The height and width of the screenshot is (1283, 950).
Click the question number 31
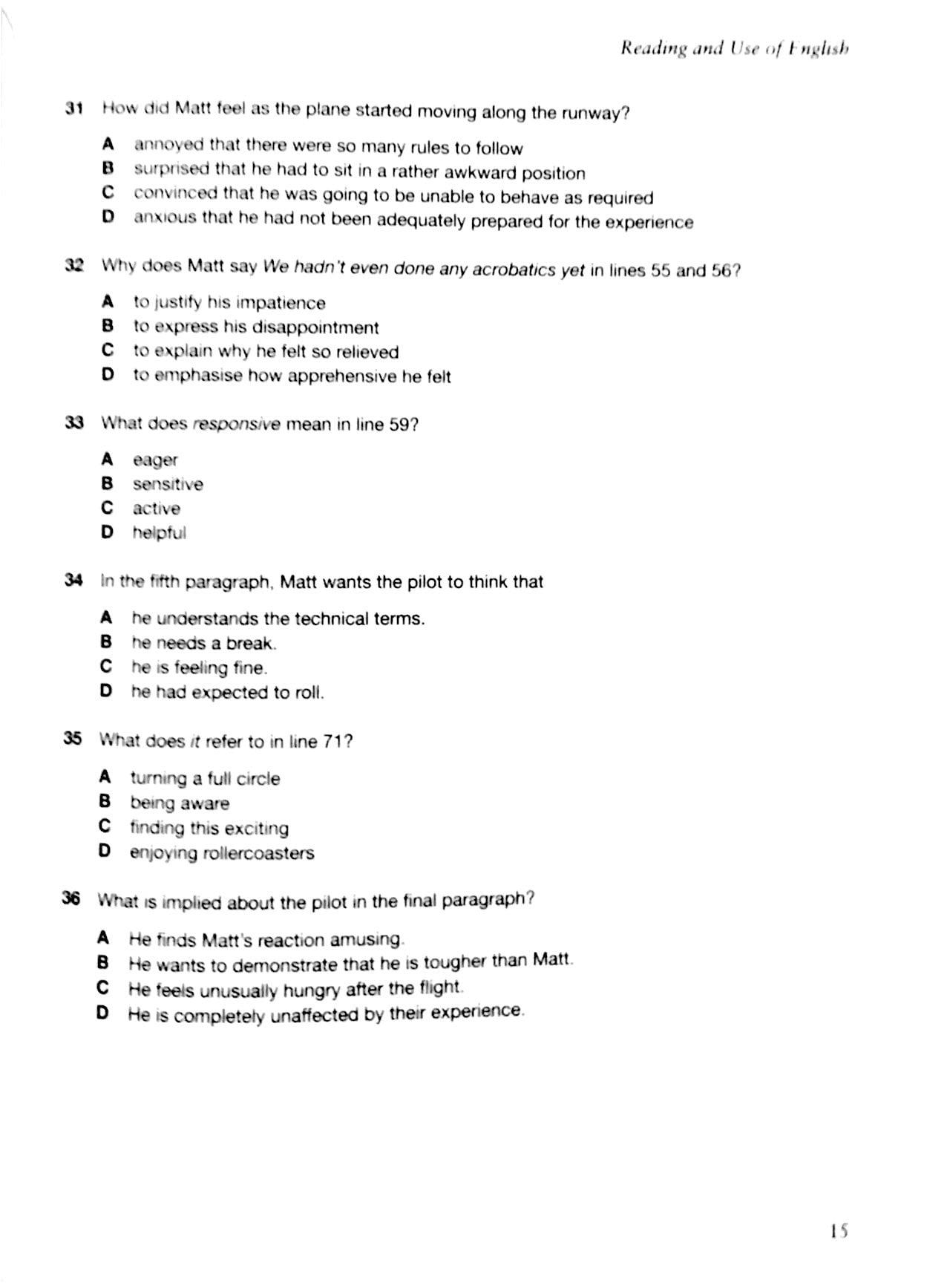coord(73,108)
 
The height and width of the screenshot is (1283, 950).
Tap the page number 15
coord(839,1232)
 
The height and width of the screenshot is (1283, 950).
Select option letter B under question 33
coord(108,484)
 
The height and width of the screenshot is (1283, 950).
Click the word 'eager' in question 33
coord(155,460)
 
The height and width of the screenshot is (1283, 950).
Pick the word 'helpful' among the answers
coord(159,533)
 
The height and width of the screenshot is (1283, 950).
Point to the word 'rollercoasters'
coord(259,853)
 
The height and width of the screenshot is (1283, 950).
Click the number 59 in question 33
coord(399,425)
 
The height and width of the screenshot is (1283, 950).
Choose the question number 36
coord(71,899)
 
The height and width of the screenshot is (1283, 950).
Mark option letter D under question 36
coord(102,1013)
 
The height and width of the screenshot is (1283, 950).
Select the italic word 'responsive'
coord(236,425)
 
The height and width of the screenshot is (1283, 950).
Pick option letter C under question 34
coord(106,666)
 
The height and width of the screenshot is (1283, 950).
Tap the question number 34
coord(73,581)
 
